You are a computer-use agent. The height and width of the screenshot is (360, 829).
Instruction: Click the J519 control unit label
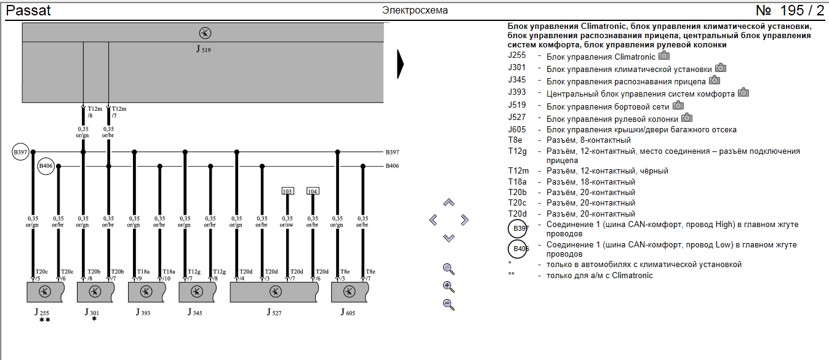(x=203, y=49)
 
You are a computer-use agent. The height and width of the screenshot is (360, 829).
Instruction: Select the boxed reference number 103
(x=287, y=191)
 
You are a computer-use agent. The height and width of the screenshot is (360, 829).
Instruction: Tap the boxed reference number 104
(x=313, y=191)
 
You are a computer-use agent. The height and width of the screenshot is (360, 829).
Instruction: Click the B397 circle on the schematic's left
(x=20, y=152)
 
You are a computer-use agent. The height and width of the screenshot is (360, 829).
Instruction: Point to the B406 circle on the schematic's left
(x=46, y=166)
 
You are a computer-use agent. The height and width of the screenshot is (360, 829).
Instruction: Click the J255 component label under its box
(x=42, y=313)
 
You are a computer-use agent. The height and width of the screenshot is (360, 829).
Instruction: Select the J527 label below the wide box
(x=274, y=313)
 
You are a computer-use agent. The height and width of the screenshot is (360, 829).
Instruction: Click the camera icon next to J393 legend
(x=743, y=93)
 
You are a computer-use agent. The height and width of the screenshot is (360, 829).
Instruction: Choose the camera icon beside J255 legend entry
(x=664, y=56)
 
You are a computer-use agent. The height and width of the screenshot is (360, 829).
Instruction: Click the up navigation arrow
(x=449, y=202)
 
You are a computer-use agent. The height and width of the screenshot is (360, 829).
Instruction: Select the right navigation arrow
(x=465, y=220)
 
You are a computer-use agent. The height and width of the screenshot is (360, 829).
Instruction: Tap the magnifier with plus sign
(x=449, y=286)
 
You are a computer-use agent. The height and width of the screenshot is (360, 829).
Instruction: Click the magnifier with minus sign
(x=449, y=304)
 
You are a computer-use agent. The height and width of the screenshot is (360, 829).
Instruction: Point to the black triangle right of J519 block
(x=400, y=63)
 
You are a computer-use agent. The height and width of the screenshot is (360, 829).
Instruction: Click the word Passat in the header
(x=28, y=10)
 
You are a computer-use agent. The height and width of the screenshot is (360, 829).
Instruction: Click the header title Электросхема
(x=415, y=10)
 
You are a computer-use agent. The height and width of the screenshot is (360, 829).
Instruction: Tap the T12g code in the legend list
(x=516, y=151)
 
